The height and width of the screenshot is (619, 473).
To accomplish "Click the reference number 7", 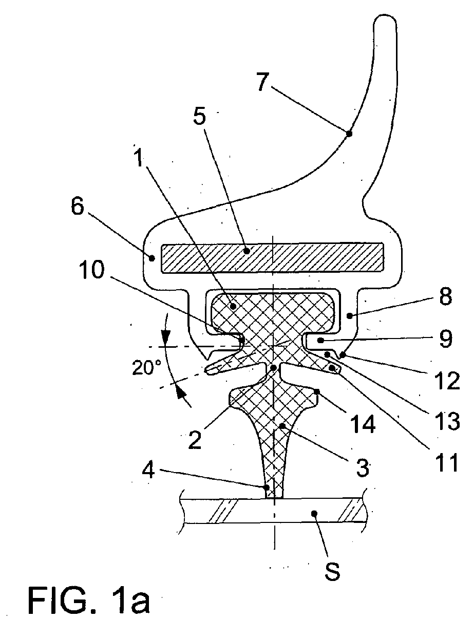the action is tap(263, 82).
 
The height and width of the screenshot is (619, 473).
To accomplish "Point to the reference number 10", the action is tap(93, 269).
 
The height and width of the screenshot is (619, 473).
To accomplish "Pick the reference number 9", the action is tap(445, 339).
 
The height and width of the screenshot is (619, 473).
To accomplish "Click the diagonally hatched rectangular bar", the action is tap(272, 257).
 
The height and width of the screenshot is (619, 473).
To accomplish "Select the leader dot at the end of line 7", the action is tap(349, 134).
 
